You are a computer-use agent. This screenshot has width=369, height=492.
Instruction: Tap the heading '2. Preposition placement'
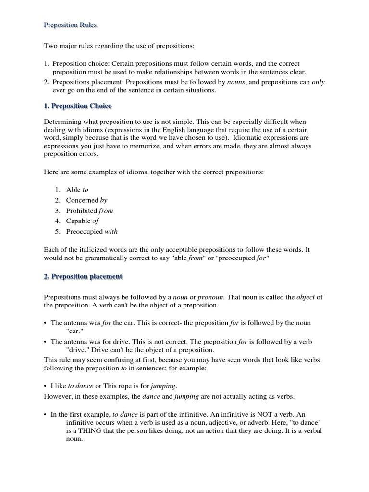tap(83, 276)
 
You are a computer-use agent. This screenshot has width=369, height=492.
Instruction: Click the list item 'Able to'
tap(77, 190)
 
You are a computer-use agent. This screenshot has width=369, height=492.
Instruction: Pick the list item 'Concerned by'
tap(86, 200)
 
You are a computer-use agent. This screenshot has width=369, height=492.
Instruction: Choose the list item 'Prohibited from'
tap(89, 210)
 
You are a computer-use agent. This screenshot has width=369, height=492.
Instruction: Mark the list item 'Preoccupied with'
tap(91, 231)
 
